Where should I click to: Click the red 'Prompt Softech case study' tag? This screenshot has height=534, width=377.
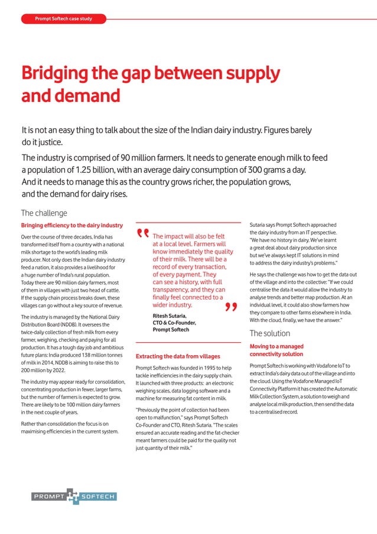(63, 19)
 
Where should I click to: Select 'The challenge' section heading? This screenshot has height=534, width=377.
(44, 213)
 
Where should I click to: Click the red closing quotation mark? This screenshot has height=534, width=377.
(230, 307)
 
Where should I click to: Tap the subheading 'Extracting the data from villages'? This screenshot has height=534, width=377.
(178, 356)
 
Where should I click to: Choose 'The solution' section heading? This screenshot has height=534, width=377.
(269, 333)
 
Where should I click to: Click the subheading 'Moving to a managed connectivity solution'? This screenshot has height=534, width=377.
(277, 350)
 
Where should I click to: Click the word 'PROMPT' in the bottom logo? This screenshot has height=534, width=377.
(48, 497)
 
